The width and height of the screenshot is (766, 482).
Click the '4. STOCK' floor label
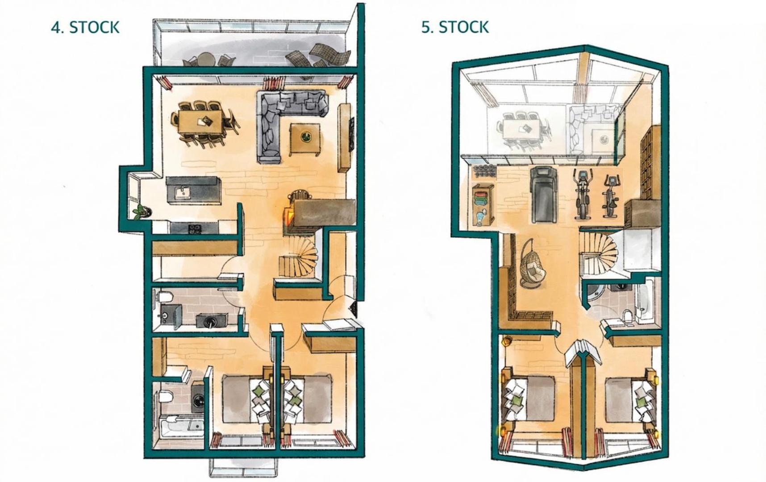[x=85, y=27]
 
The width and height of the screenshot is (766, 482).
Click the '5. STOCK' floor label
[x=455, y=27]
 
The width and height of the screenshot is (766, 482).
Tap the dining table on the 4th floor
[x=201, y=122]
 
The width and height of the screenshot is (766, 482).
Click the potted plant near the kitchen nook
[x=141, y=211]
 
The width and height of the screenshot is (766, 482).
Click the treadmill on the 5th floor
[x=544, y=194]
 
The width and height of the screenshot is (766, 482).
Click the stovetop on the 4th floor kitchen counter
[x=194, y=229]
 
